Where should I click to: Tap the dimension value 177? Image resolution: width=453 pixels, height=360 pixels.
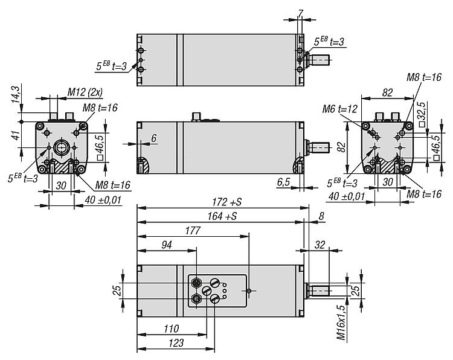click(x=193, y=230)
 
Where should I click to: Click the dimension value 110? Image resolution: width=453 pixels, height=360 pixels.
click(x=171, y=329)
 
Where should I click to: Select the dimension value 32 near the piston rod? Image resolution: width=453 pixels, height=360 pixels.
click(x=320, y=245)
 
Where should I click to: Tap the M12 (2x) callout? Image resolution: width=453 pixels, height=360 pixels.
click(x=85, y=92)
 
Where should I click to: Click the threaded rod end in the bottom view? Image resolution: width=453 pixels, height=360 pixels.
click(x=321, y=291)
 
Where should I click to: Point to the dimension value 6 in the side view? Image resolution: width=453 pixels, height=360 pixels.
click(x=153, y=138)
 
